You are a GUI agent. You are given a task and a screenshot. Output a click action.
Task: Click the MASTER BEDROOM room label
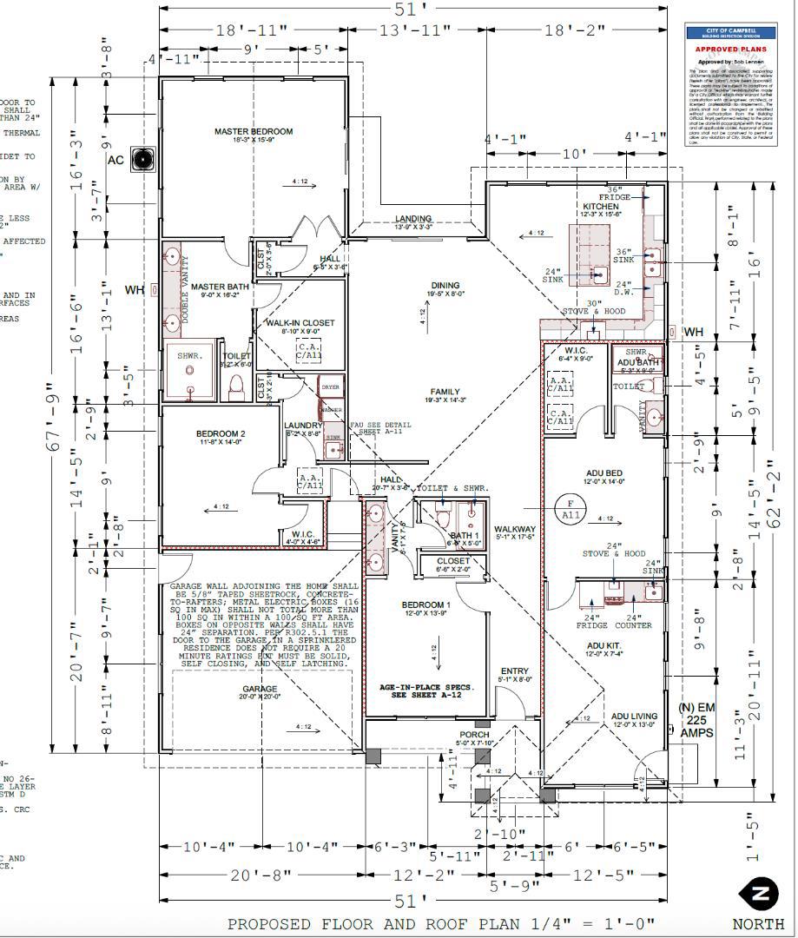coord(254,132)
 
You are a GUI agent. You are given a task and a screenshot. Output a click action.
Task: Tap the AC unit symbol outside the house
coord(142,159)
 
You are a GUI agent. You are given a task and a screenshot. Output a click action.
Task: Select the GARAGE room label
coord(260,689)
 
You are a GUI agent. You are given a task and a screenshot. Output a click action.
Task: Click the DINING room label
coord(445,286)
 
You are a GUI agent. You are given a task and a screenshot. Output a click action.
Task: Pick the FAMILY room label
coord(445,392)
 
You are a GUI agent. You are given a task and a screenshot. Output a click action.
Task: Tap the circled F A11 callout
coord(570,508)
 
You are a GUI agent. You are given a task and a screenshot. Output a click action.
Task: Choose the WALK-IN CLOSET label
coord(300,323)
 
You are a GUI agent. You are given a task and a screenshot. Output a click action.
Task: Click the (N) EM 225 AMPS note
coord(696,721)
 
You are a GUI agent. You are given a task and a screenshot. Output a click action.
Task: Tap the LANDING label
coord(413,219)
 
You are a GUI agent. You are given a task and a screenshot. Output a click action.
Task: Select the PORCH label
coord(474,735)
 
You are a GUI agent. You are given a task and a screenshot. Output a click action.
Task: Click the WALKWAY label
coord(514,529)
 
